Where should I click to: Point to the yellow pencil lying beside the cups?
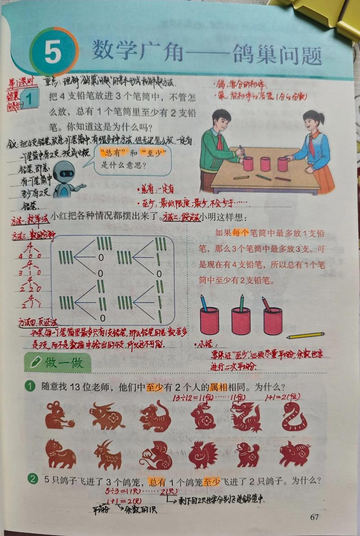point(306,336)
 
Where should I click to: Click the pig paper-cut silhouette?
point(294,454)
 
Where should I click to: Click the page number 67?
point(314,517)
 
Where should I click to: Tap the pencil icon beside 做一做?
point(34,363)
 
